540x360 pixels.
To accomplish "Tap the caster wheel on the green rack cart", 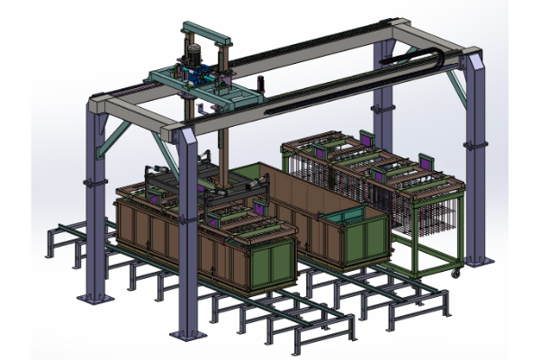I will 455,270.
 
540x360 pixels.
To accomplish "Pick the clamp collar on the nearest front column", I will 190,216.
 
